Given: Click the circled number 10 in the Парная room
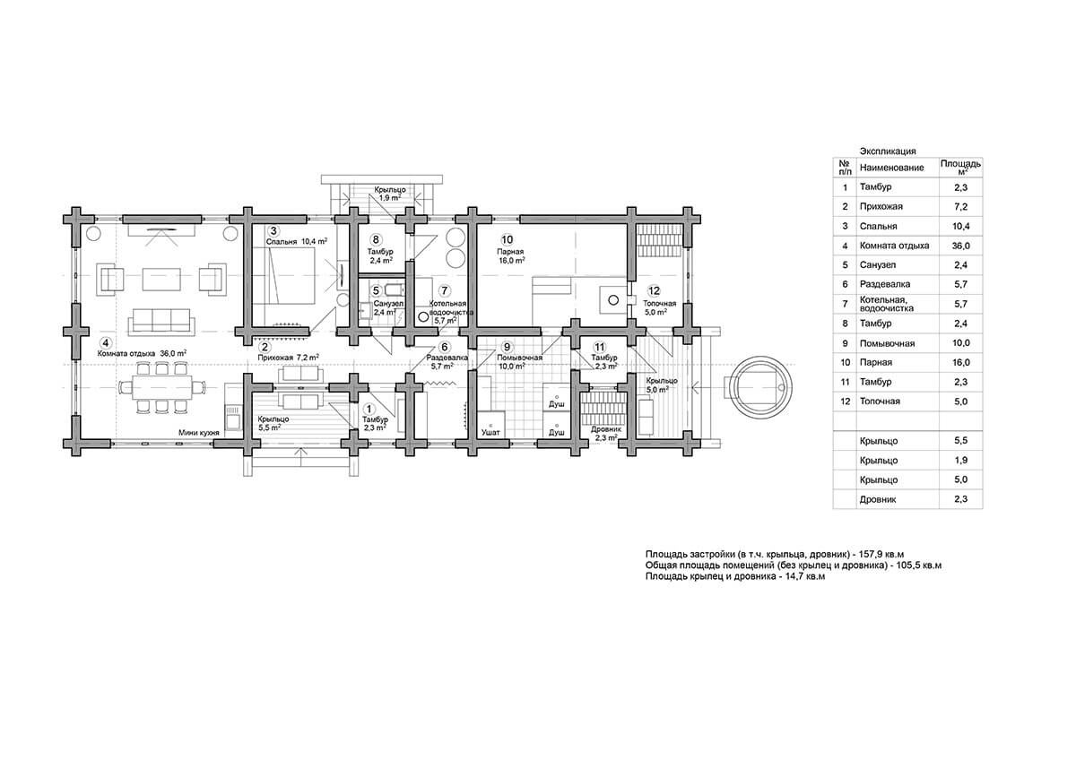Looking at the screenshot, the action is point(507,239).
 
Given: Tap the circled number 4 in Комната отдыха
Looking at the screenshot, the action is point(106,342).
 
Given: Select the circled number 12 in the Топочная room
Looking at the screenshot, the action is point(654,290).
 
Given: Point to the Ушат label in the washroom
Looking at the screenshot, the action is point(490,432).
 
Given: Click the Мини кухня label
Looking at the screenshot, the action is point(199,433).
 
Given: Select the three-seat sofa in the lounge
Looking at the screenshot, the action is point(161,320).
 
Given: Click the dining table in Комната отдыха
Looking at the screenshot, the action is point(161,387).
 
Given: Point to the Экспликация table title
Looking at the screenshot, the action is point(888,151).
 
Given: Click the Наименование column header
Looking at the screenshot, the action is point(891,168).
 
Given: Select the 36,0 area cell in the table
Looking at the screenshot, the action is point(960,246).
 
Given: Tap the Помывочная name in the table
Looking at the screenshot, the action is point(887,343).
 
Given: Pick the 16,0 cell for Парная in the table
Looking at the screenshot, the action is point(960,363).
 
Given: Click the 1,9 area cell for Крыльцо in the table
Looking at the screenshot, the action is point(960,460).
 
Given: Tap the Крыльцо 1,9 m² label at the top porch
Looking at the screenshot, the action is point(390,194).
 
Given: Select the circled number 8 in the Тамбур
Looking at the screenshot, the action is point(376,239).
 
